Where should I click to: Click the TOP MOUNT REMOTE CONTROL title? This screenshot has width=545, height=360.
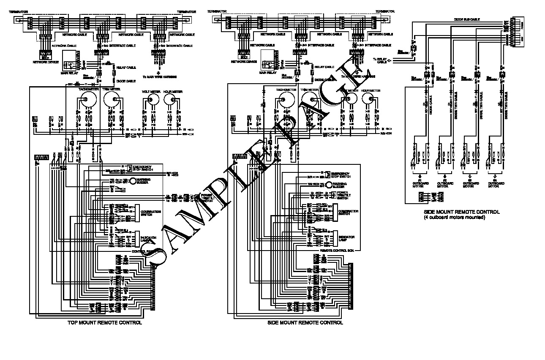pos(104,323)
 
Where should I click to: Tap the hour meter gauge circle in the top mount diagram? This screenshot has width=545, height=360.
pos(171,100)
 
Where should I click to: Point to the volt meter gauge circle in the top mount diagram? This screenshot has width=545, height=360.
pos(151,100)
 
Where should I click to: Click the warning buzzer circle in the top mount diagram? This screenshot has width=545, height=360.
pos(133,181)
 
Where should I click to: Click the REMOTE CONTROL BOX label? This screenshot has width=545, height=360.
pos(336,250)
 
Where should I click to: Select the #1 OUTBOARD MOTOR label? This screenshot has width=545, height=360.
pos(418,184)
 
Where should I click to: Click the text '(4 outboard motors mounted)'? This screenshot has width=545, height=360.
pos(455,217)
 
